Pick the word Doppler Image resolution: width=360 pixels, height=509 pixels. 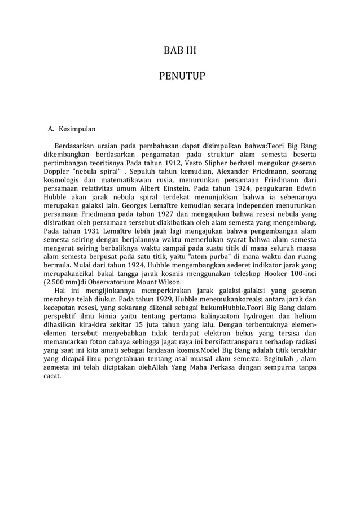coord(56,170)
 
